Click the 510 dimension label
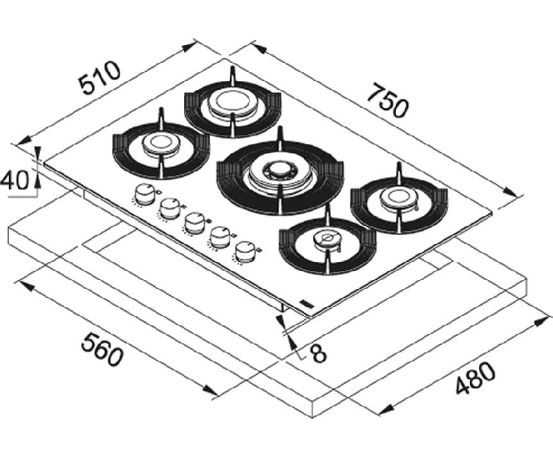pyautogui.click(x=100, y=78)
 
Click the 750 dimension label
pyautogui.click(x=388, y=100)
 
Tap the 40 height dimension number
pyautogui.click(x=15, y=180)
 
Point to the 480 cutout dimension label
pyautogui.click(x=476, y=377)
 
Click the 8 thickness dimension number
pyautogui.click(x=319, y=353)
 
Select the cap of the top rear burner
pyautogui.click(x=232, y=102)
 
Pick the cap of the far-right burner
pyautogui.click(x=399, y=198)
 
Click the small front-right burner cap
pyautogui.click(x=328, y=239)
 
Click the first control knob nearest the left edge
pyautogui.click(x=144, y=194)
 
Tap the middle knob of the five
pyautogui.click(x=195, y=223)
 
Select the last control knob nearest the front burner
pyautogui.click(x=245, y=252)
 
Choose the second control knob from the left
pyautogui.click(x=170, y=208)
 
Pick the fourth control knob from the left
pyautogui.click(x=220, y=237)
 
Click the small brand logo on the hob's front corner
pyautogui.click(x=304, y=303)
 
